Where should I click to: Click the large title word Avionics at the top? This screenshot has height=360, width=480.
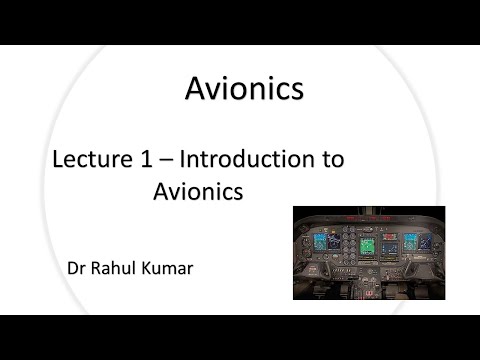(244, 90)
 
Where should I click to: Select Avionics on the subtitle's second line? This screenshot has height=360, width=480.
(198, 191)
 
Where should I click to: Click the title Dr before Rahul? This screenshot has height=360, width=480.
(76, 267)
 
